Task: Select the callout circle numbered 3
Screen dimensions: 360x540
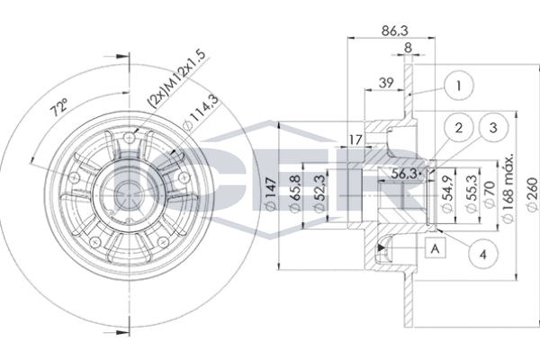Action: pyautogui.click(x=491, y=129)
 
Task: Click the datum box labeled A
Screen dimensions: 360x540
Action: pyautogui.click(x=436, y=247)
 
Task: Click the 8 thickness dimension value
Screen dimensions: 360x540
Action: pyautogui.click(x=409, y=47)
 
